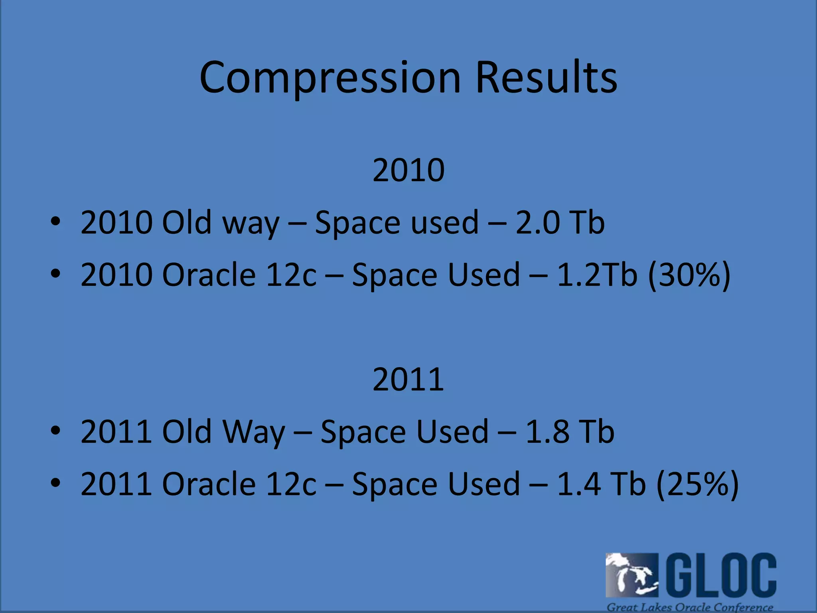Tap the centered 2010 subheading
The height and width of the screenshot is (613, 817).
point(408,170)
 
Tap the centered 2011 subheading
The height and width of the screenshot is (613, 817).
point(408,380)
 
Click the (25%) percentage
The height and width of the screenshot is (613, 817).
point(697,484)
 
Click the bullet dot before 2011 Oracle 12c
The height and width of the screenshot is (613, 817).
point(55,483)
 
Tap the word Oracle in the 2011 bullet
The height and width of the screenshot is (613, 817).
point(209,484)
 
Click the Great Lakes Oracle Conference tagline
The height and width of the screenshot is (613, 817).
point(690,607)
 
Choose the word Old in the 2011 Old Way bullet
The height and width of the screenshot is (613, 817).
point(186,432)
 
